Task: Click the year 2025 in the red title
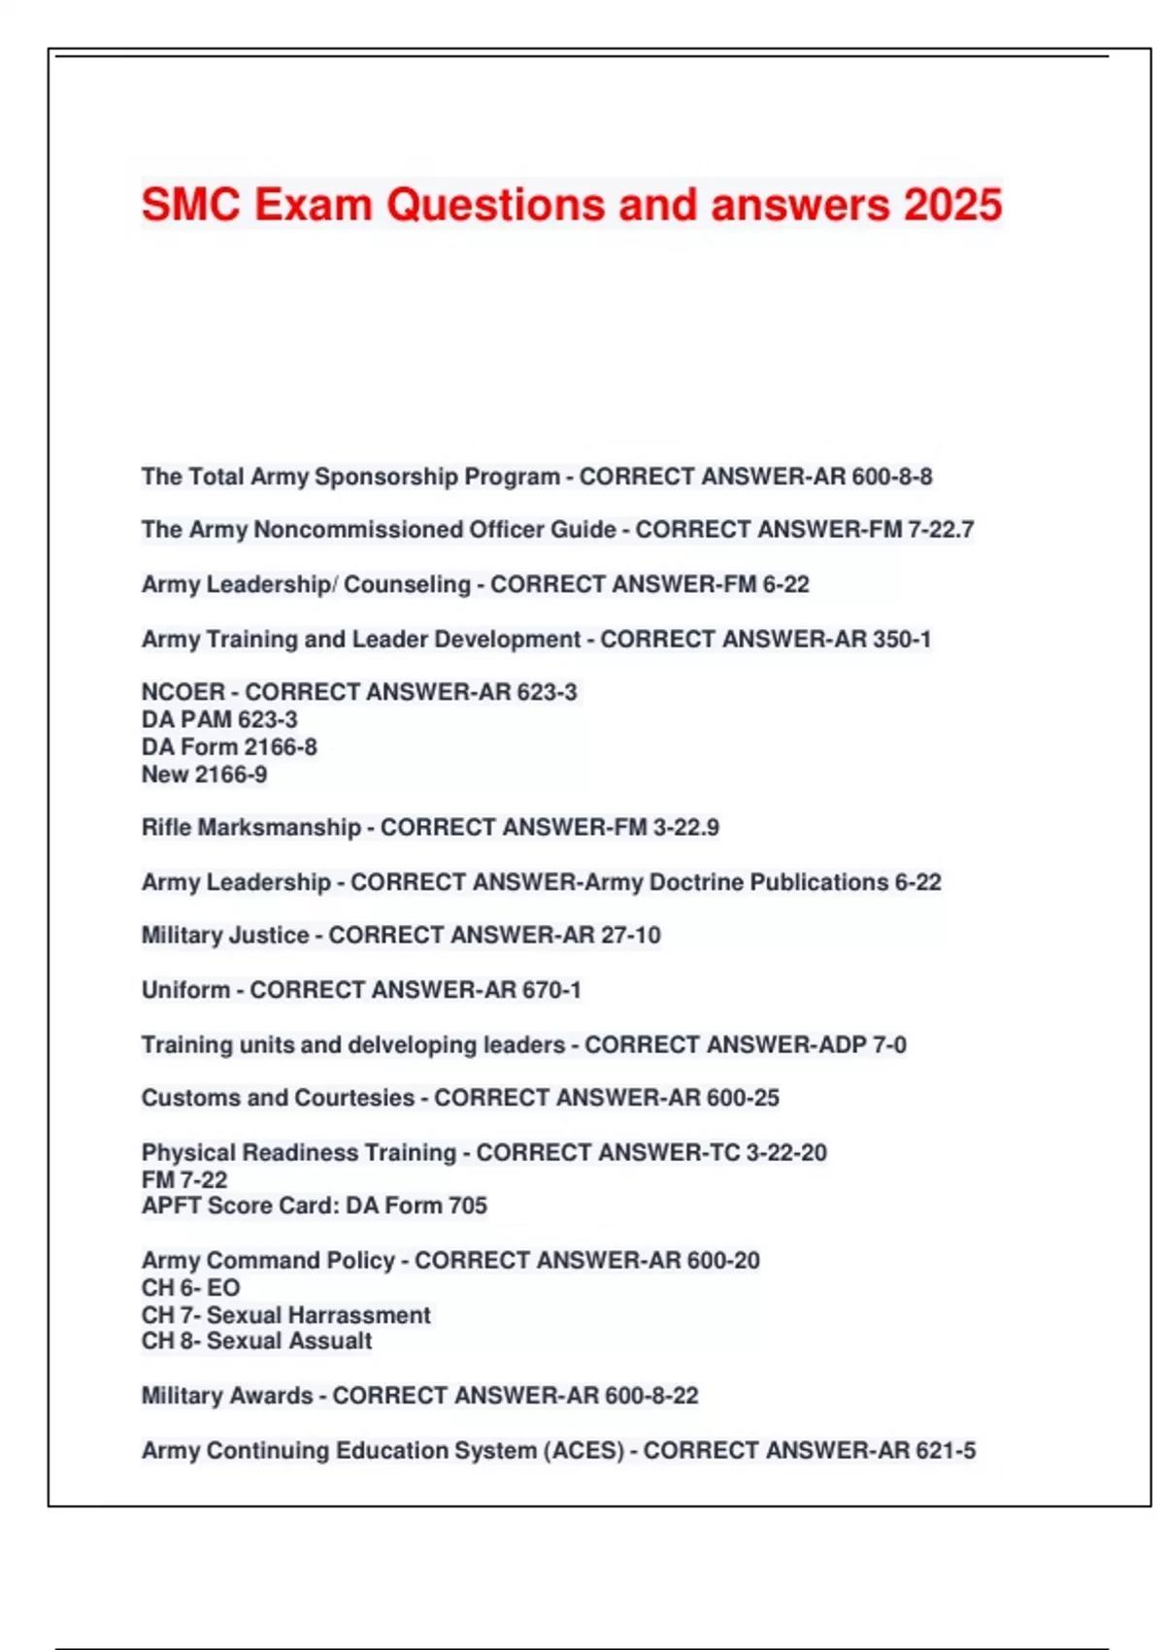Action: coord(952,205)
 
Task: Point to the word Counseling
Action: coord(407,584)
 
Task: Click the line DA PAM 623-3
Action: coord(219,719)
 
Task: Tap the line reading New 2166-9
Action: coord(204,775)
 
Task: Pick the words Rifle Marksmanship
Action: coord(251,828)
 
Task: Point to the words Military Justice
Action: coord(225,936)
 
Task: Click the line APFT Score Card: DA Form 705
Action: coord(315,1205)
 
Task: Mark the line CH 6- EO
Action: coord(190,1288)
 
